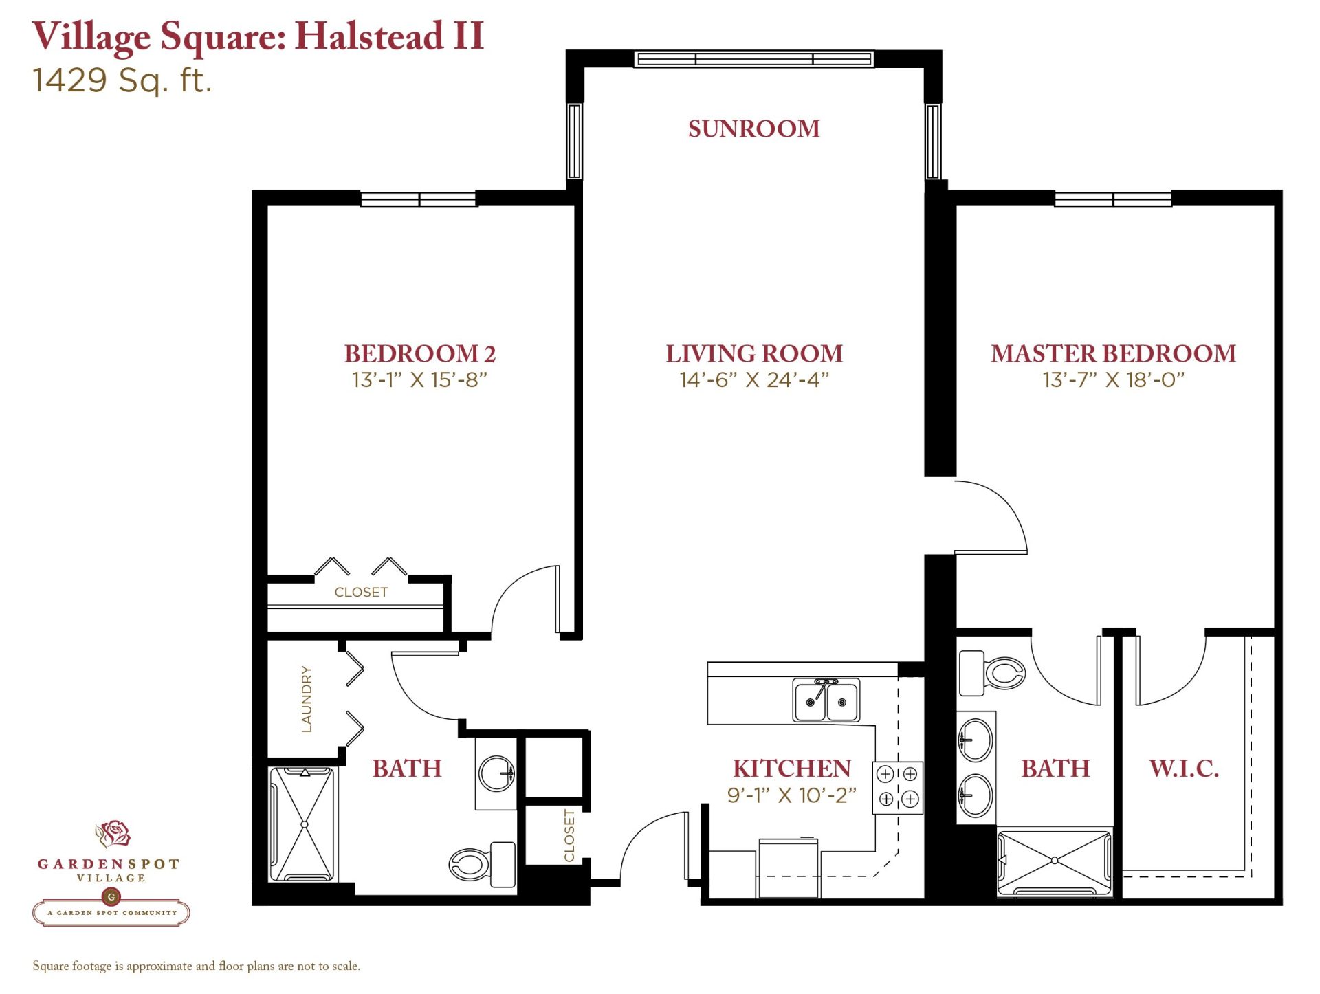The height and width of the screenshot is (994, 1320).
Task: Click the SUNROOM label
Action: pyautogui.click(x=753, y=129)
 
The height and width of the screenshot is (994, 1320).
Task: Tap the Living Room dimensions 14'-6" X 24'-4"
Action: pyautogui.click(x=754, y=379)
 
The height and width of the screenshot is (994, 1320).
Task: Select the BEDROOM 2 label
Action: pyautogui.click(x=419, y=353)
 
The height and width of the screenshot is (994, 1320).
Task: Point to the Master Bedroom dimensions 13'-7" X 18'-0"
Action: pyautogui.click(x=1113, y=379)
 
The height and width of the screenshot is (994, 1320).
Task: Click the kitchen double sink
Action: pyautogui.click(x=826, y=700)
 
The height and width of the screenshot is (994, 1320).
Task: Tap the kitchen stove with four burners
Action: pyautogui.click(x=897, y=788)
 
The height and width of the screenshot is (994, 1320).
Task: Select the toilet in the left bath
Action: pyautogui.click(x=482, y=864)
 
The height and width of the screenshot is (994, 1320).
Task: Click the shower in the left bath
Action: pyautogui.click(x=304, y=824)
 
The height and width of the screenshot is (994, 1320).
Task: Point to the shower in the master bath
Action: pyautogui.click(x=1054, y=861)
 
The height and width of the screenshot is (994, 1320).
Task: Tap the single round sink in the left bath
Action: pyautogui.click(x=496, y=773)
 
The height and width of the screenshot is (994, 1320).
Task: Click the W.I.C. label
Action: pyautogui.click(x=1184, y=769)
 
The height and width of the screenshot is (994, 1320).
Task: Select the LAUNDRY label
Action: pyautogui.click(x=307, y=698)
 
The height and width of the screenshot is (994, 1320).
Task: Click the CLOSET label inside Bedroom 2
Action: pyautogui.click(x=361, y=592)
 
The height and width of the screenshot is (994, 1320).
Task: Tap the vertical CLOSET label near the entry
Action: pyautogui.click(x=569, y=835)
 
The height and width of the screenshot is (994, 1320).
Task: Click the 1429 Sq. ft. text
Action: pyautogui.click(x=122, y=80)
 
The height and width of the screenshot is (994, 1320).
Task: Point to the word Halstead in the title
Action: pyautogui.click(x=369, y=36)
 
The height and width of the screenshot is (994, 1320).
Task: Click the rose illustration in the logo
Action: pyautogui.click(x=113, y=835)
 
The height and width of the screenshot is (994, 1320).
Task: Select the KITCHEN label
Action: pyautogui.click(x=791, y=769)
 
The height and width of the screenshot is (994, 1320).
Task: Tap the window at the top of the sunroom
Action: pyautogui.click(x=754, y=60)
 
